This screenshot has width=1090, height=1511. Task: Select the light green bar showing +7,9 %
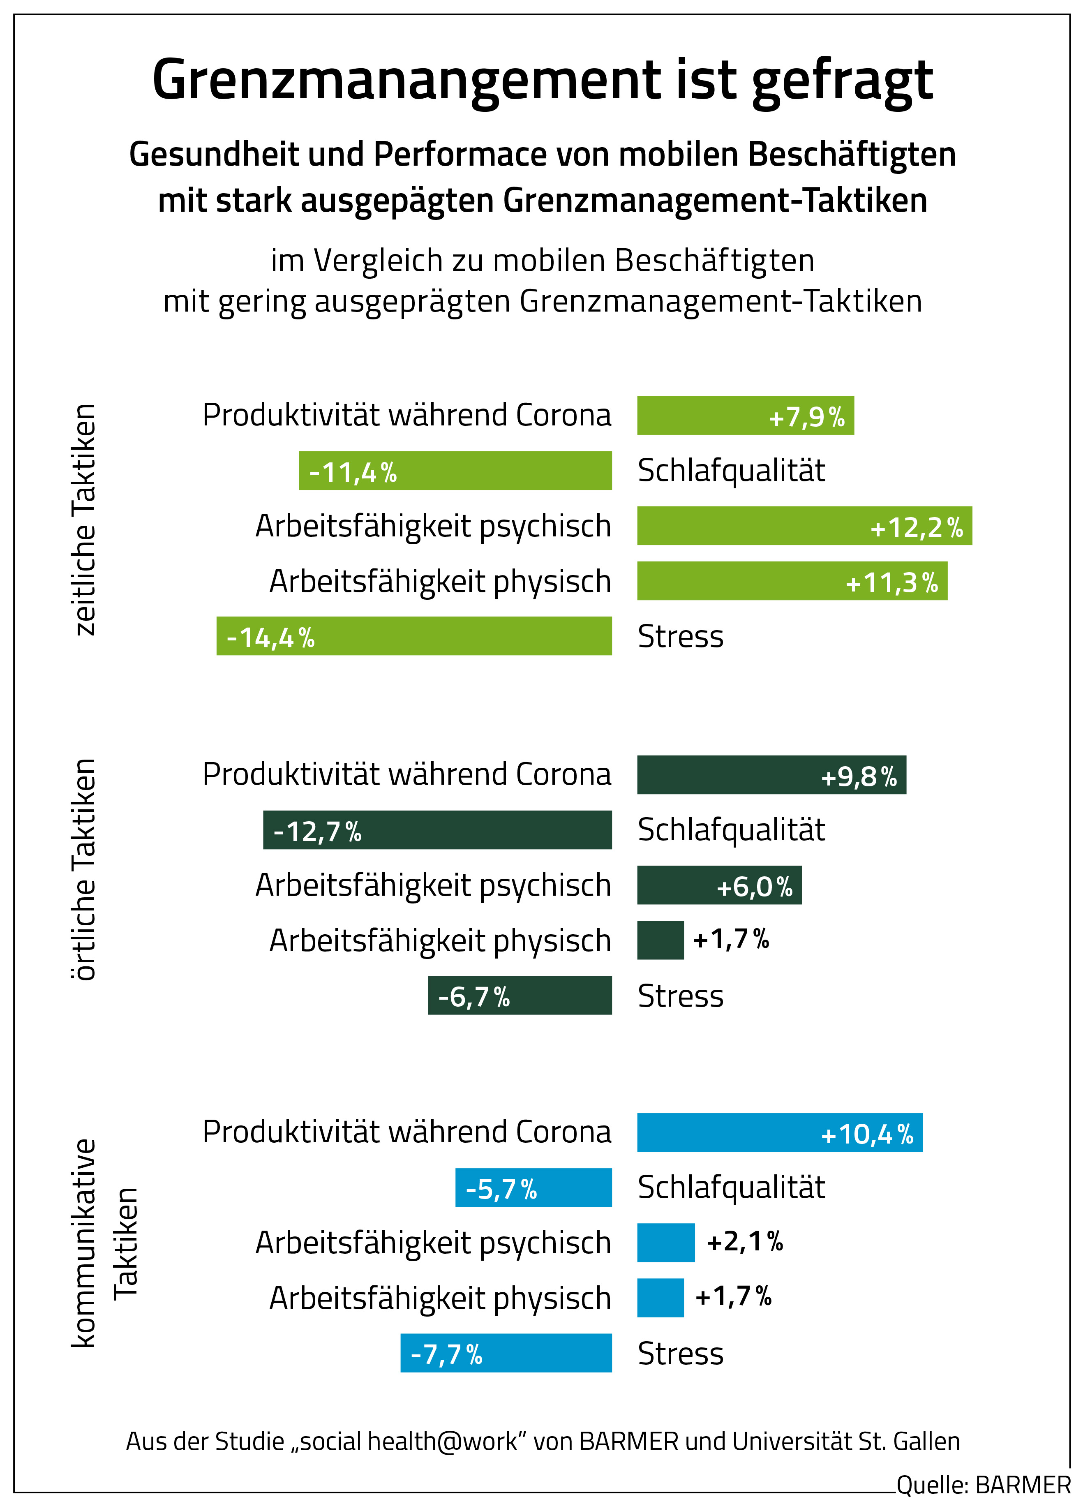click(745, 416)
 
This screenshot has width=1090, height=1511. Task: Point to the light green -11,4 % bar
click(455, 470)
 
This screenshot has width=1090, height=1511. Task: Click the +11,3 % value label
click(891, 583)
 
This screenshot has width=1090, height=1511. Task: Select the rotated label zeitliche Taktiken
click(85, 519)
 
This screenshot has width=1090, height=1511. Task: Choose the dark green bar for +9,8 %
click(771, 775)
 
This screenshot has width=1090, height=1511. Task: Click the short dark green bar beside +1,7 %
click(660, 940)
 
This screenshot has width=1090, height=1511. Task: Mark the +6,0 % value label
click(754, 887)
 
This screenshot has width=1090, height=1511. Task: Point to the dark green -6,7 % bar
click(519, 995)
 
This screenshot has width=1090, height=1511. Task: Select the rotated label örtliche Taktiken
click(85, 869)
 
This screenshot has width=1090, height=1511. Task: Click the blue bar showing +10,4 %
click(780, 1132)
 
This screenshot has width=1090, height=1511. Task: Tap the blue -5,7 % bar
click(533, 1188)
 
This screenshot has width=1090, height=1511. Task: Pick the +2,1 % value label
click(744, 1242)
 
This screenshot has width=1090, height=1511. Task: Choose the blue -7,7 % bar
click(506, 1353)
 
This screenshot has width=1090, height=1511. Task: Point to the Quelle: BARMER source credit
click(984, 1486)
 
